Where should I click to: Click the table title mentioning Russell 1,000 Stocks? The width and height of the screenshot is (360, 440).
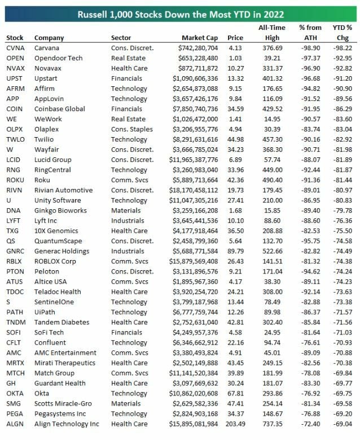coord(179,13)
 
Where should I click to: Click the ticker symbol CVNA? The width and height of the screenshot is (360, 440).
coord(15,48)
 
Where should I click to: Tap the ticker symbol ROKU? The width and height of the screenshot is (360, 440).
coord(15,170)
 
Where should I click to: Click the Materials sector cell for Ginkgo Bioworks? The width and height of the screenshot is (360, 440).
coord(127,210)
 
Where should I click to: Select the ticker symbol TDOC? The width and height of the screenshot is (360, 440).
coord(15,292)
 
